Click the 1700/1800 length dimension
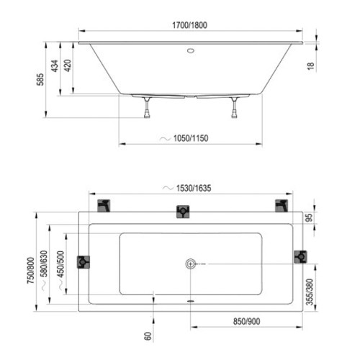189,25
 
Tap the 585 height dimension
40,79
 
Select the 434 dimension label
55,66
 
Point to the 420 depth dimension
68,66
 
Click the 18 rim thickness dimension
310,66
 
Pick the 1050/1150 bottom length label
191,138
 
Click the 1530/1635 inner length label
194,188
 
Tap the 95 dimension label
310,217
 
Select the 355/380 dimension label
310,292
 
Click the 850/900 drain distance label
246,322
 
